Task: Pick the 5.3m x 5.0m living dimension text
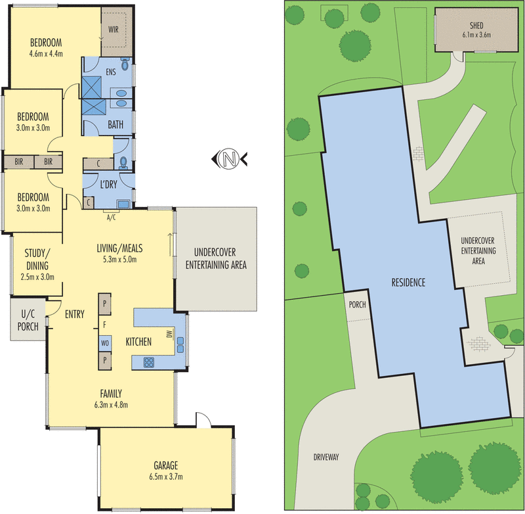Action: [119, 260]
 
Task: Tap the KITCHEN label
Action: [139, 342]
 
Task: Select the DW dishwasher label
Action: [169, 335]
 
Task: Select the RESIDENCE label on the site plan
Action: [409, 283]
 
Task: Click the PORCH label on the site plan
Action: [358, 305]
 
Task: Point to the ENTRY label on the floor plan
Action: [75, 314]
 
